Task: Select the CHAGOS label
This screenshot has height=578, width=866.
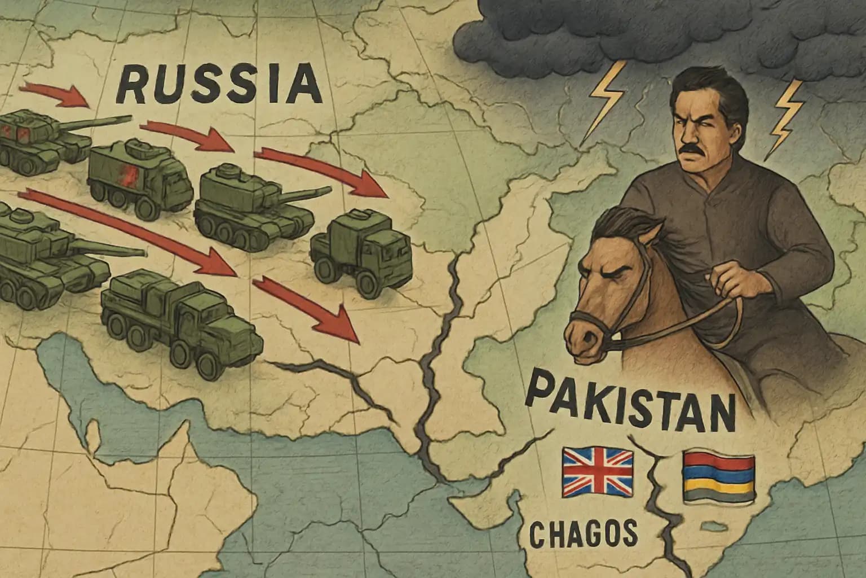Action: coord(584,532)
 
